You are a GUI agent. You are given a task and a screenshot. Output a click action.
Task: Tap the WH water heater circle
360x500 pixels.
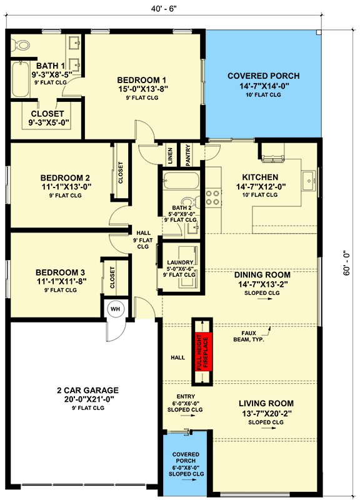point(116,309)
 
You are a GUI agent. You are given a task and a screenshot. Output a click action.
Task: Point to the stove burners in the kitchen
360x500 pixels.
point(213,198)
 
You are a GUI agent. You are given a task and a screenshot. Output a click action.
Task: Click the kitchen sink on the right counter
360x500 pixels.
point(307,181)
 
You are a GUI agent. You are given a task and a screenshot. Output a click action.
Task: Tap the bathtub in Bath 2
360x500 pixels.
point(181,182)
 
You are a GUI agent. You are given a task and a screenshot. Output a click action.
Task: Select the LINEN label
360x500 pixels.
point(169,156)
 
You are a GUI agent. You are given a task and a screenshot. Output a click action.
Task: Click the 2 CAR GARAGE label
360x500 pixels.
point(86,390)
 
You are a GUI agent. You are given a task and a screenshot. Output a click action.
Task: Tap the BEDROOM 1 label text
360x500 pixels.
point(142,80)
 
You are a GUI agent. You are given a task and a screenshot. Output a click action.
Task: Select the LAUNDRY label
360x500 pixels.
point(179,262)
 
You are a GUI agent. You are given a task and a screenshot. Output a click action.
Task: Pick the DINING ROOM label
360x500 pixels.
point(262,274)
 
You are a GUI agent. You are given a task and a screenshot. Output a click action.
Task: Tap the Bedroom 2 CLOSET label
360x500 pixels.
point(120,173)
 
